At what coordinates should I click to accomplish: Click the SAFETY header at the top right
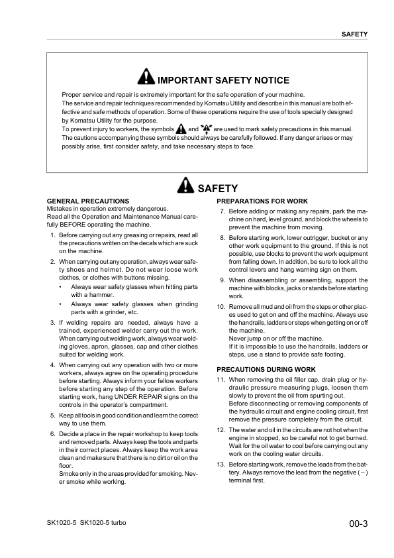click(x=354, y=34)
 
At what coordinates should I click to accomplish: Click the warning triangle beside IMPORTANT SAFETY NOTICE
click(x=146, y=79)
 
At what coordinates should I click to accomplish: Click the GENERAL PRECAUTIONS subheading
click(x=88, y=201)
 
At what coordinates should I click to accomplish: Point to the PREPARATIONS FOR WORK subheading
click(x=262, y=201)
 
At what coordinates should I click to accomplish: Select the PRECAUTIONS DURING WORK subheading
click(x=266, y=369)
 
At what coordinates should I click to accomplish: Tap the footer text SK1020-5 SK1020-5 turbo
click(x=86, y=524)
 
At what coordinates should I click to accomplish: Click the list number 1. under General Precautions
click(x=53, y=235)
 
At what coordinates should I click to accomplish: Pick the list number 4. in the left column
click(x=53, y=364)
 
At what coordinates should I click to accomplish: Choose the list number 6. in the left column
click(x=53, y=433)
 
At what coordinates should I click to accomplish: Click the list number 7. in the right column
click(x=222, y=211)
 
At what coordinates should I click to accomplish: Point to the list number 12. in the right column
click(x=221, y=430)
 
